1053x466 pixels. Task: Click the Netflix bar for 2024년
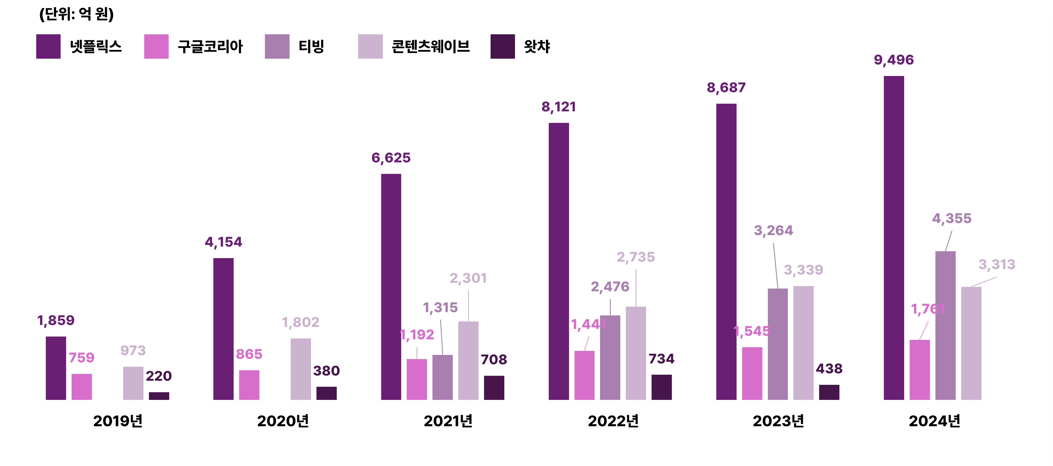pos(894,237)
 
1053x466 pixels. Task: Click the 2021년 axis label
pos(448,421)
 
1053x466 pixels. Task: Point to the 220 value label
pos(158,376)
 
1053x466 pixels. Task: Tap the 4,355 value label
pos(951,219)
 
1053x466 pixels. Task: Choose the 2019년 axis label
pos(118,421)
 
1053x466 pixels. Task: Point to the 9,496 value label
pos(894,60)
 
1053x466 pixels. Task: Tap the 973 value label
pos(133,350)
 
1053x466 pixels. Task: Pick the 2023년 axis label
pos(778,421)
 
